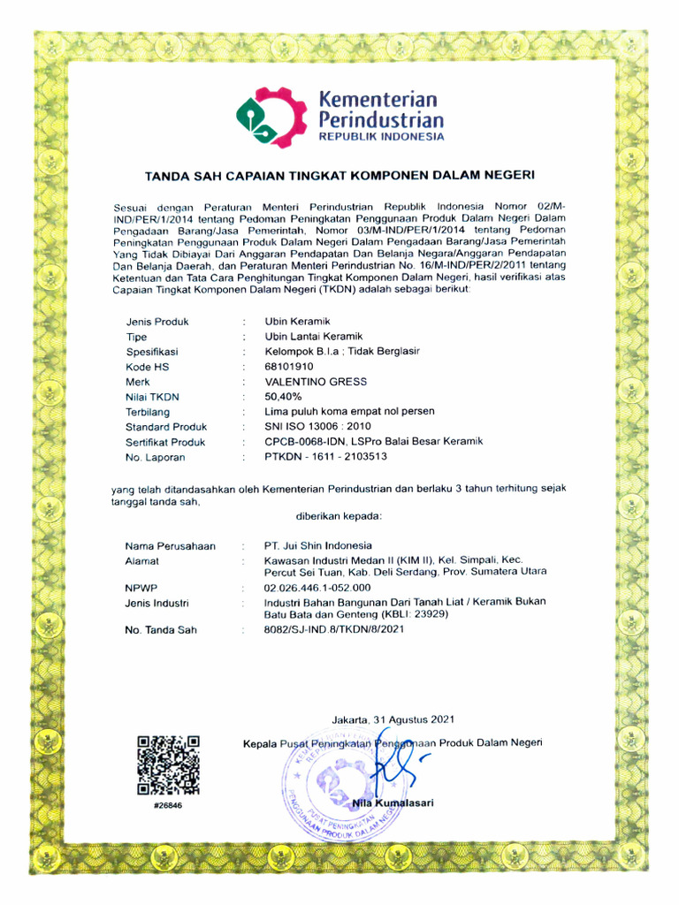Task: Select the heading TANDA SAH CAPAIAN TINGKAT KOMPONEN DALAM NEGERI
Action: (x=339, y=175)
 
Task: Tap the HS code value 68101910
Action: (x=289, y=366)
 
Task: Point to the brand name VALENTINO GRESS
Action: (x=315, y=381)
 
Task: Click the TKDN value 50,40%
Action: (x=284, y=397)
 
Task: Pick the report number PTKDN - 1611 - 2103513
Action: (x=325, y=457)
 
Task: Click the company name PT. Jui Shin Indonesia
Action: (x=318, y=545)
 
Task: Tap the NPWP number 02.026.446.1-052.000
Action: (x=317, y=587)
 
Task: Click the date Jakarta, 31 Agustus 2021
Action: (x=393, y=719)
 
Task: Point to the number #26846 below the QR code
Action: (x=167, y=806)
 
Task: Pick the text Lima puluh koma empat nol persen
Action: (x=349, y=412)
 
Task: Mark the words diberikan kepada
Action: (x=338, y=514)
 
